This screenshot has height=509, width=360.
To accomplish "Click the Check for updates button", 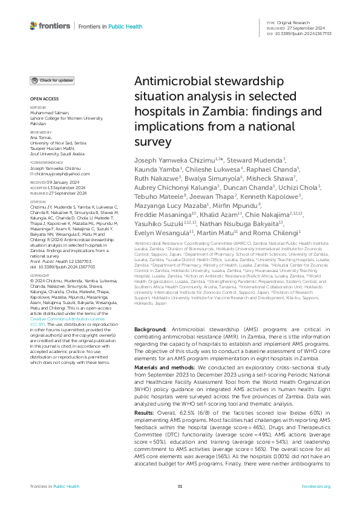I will point(53,80).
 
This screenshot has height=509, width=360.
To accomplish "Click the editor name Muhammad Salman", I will point(49,113).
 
